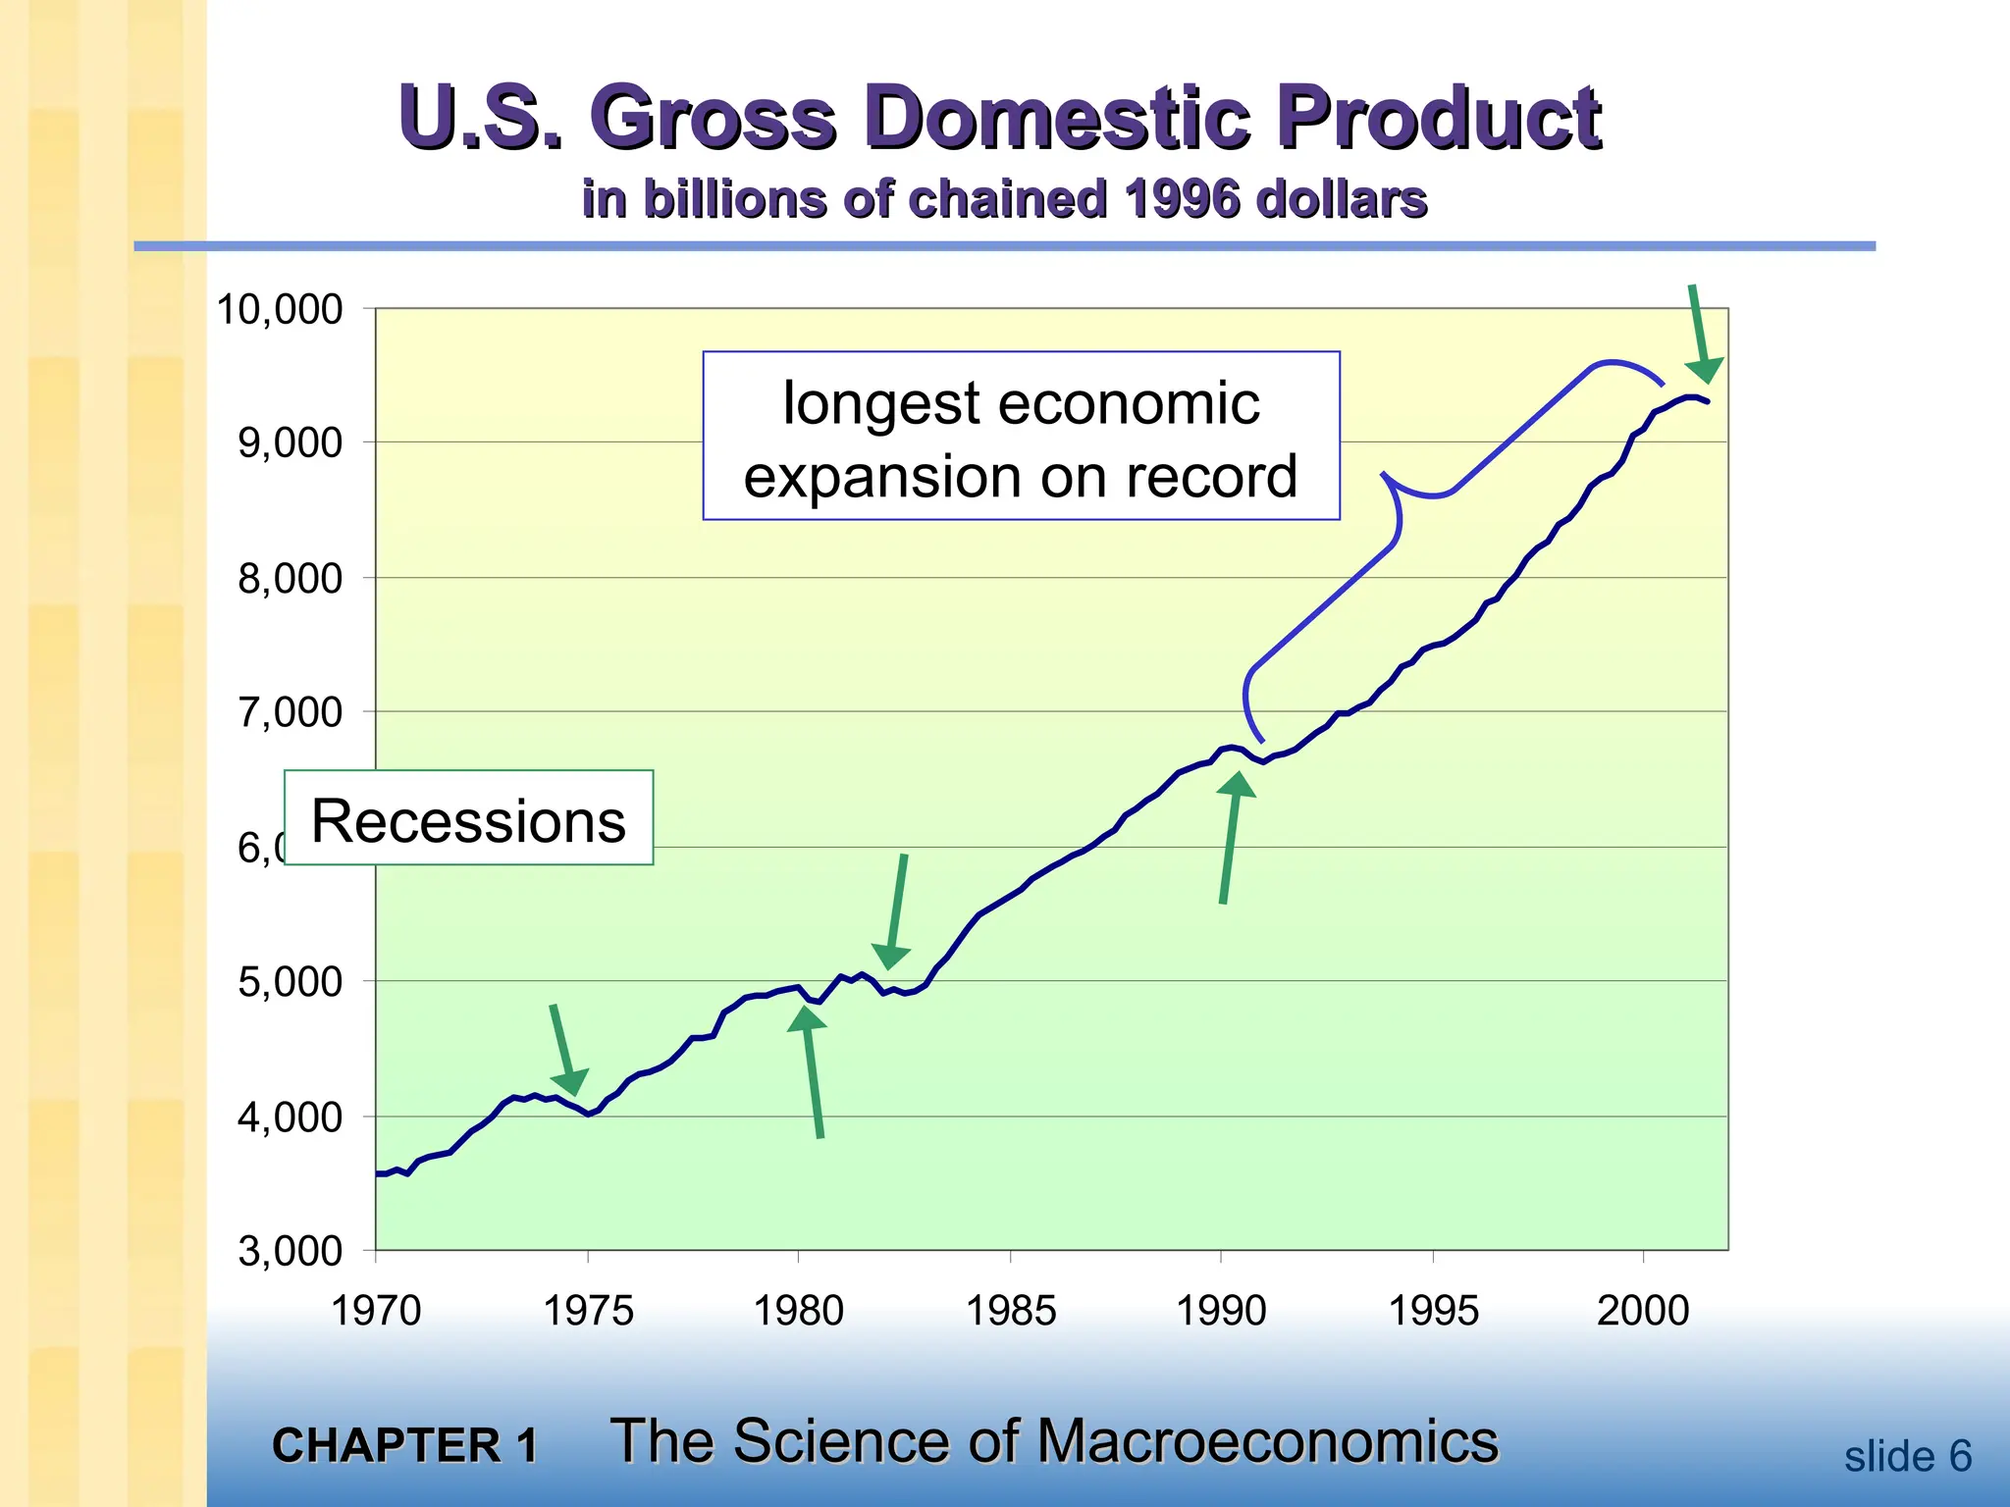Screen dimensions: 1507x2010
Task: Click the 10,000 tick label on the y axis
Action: [x=280, y=310]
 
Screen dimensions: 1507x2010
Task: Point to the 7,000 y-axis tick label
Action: [x=290, y=712]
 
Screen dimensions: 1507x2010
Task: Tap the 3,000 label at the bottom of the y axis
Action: [x=290, y=1252]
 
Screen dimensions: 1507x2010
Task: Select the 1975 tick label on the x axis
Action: [x=588, y=1311]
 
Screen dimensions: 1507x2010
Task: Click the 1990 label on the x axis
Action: [x=1221, y=1311]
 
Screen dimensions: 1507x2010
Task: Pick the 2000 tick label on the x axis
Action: [x=1643, y=1311]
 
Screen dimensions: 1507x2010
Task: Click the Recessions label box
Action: [x=468, y=819]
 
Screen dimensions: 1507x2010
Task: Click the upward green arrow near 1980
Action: [x=812, y=1069]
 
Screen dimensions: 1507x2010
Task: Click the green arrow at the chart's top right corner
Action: [x=1700, y=334]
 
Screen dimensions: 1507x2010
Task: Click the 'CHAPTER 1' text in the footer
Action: [x=404, y=1445]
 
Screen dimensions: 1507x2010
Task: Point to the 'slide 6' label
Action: [x=1907, y=1456]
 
